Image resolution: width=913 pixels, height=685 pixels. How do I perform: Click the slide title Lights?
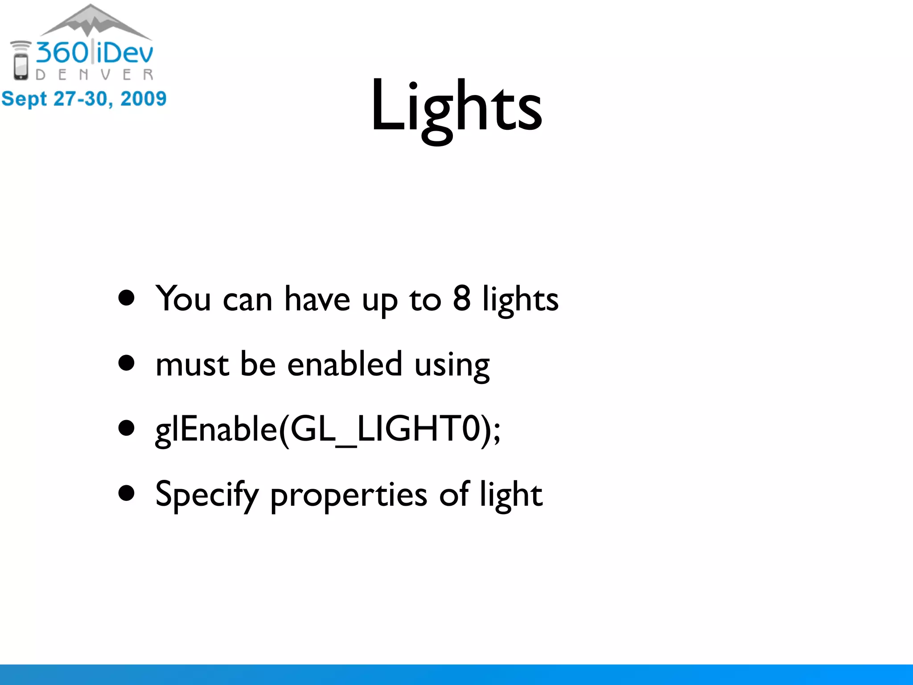[456, 107]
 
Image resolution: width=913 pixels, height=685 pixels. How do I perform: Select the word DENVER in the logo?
[95, 74]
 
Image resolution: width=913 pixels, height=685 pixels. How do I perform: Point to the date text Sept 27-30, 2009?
[84, 99]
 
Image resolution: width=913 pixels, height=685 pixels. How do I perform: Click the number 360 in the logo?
[62, 53]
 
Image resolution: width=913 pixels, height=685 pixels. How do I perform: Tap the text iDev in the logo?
[125, 53]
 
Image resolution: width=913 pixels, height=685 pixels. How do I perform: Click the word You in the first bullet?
[183, 299]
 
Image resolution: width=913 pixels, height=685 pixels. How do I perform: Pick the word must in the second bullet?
[192, 364]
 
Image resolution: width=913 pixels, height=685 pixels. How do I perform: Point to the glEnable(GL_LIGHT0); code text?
[328, 429]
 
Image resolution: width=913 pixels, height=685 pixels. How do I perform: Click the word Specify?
[207, 495]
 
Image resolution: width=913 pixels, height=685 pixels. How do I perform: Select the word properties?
[349, 496]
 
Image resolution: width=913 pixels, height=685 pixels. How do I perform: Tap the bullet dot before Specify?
[127, 494]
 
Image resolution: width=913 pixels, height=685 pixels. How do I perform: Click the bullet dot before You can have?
[127, 298]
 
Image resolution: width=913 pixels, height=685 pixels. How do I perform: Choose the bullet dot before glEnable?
[127, 428]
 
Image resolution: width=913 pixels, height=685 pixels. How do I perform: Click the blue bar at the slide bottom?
[456, 674]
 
